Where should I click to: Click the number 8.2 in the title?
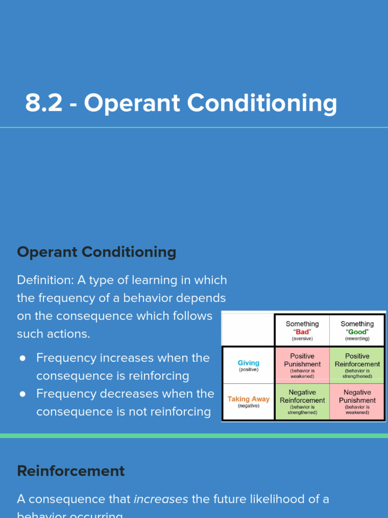point(44,104)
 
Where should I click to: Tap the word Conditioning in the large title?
point(262,104)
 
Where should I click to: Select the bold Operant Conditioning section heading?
point(96,252)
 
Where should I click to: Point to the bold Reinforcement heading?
point(71,471)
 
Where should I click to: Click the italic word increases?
point(161,499)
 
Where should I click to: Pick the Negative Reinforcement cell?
point(302,401)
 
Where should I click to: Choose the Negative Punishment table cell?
point(357,401)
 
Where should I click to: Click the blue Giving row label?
point(248,363)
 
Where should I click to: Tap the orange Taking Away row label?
point(248,399)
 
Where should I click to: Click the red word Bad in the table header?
point(302,332)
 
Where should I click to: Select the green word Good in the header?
point(357,332)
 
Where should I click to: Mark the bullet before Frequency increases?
point(23,358)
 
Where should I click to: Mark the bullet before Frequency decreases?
point(23,394)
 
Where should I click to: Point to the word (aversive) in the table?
point(302,338)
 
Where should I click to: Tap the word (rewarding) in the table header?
point(357,338)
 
